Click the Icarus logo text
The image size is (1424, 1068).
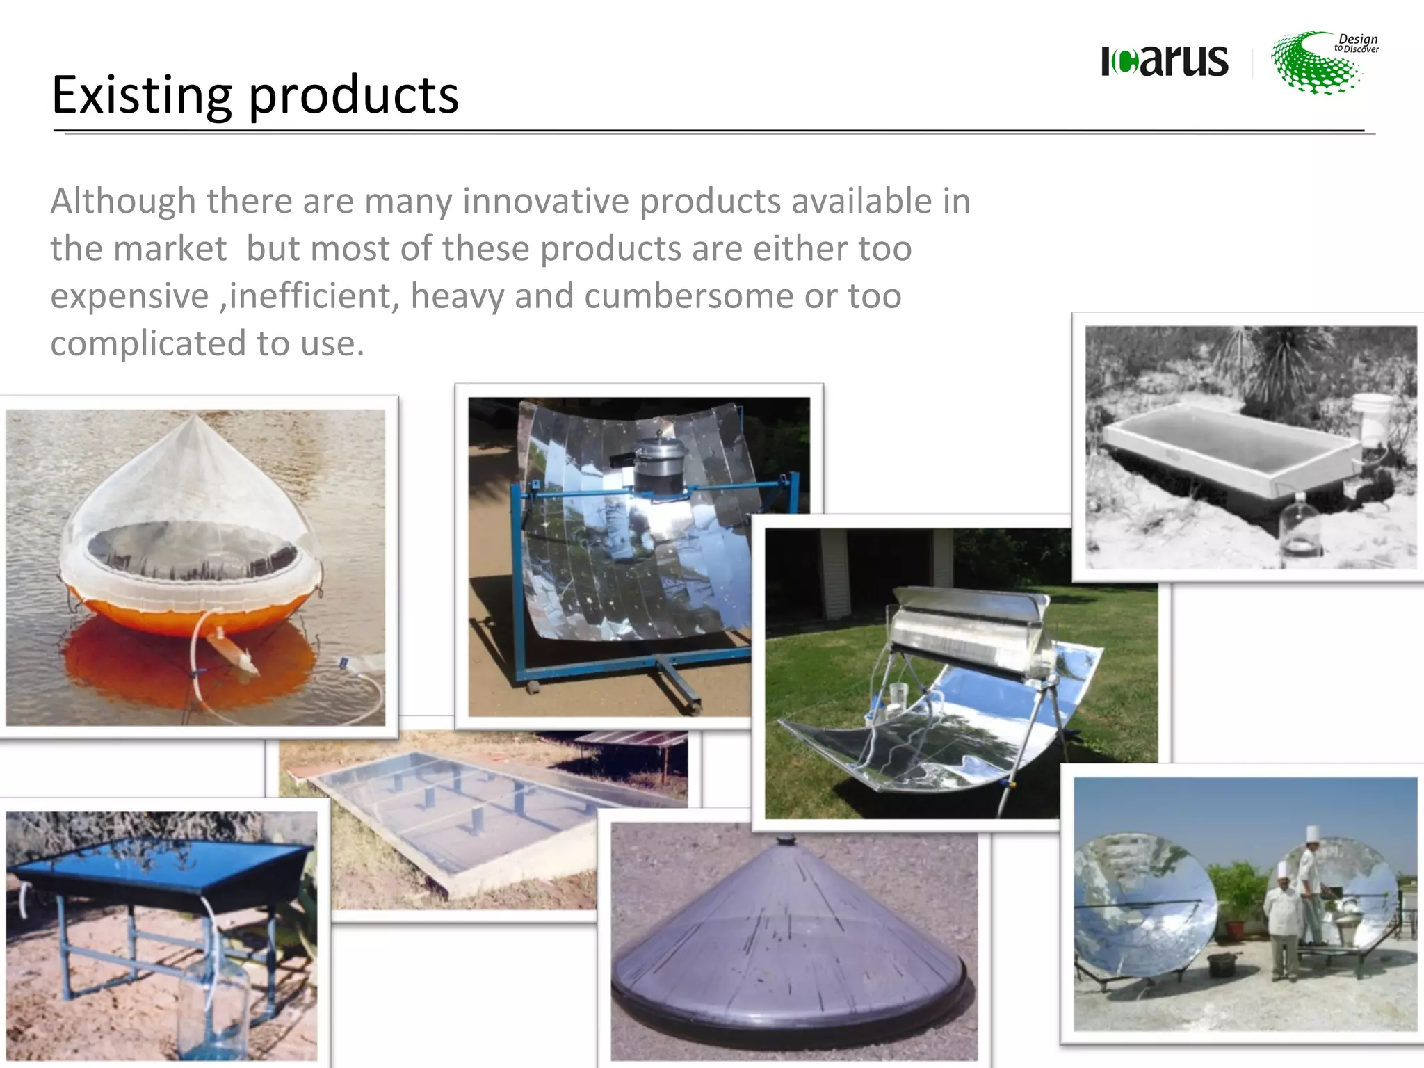(x=1165, y=60)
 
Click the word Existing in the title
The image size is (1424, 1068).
(x=141, y=95)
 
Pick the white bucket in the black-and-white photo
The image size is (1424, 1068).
(x=1373, y=416)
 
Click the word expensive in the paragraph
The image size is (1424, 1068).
(x=129, y=296)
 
